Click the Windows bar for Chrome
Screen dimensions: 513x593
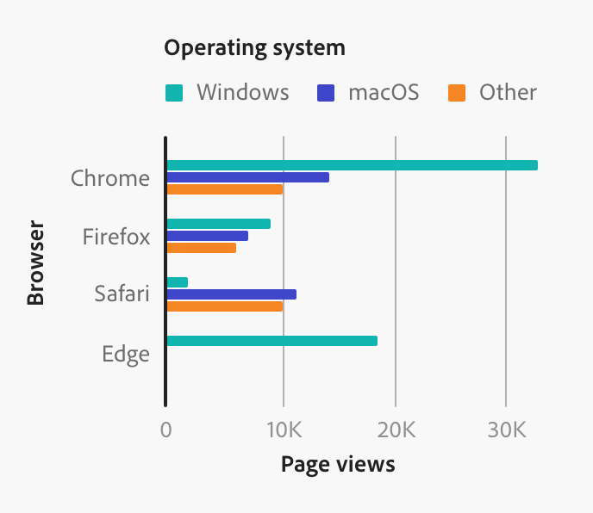click(352, 165)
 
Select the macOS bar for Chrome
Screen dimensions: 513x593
click(247, 177)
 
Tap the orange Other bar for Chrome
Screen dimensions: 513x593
click(224, 189)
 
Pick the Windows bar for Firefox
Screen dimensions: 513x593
click(218, 224)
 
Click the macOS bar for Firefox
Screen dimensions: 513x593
click(207, 236)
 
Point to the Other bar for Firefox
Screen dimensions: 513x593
click(201, 248)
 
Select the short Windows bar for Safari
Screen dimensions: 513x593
click(177, 282)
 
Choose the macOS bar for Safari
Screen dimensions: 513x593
click(231, 294)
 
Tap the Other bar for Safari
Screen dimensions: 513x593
click(224, 306)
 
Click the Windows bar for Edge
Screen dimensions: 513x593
click(272, 341)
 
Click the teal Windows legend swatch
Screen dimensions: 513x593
click(174, 93)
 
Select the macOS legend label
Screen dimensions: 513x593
click(384, 92)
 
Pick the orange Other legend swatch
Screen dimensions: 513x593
click(457, 93)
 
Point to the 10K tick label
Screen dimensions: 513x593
click(283, 429)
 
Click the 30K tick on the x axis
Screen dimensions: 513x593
click(506, 429)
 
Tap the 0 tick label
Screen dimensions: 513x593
click(165, 429)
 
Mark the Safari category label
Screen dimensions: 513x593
click(122, 294)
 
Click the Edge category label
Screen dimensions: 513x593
click(126, 354)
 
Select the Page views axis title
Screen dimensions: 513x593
click(338, 465)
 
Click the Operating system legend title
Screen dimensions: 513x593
click(254, 47)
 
